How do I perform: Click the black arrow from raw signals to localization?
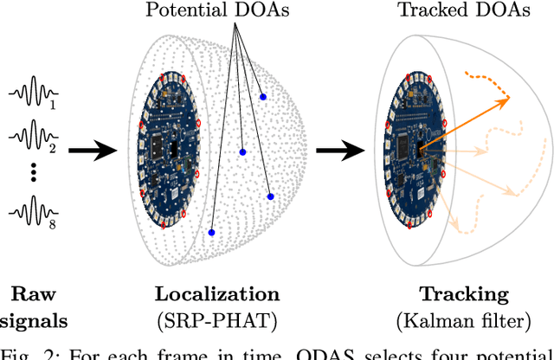click(x=93, y=151)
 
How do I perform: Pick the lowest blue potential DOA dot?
click(x=211, y=233)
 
